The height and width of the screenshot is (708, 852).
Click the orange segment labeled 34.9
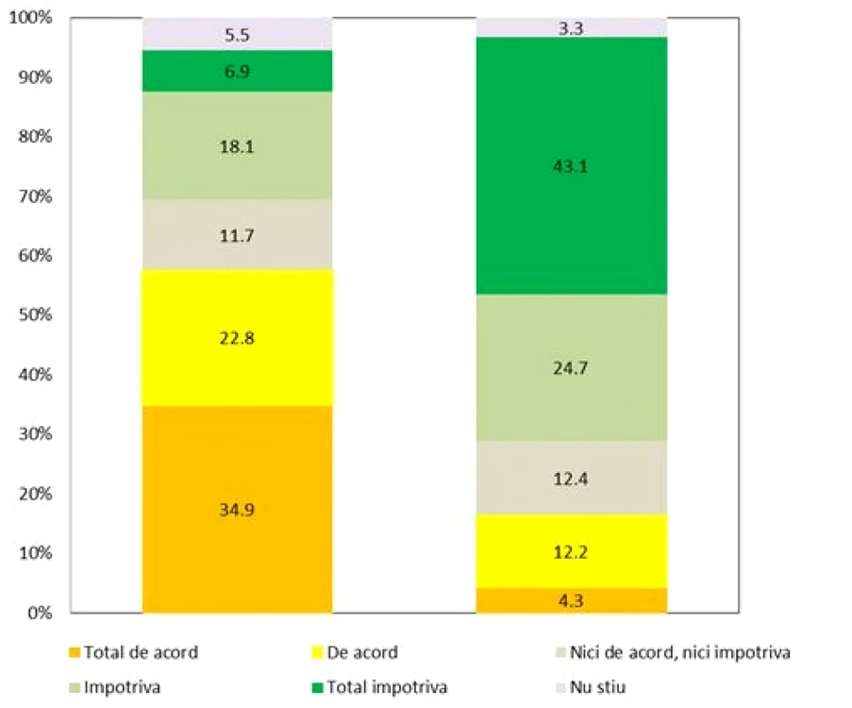click(x=238, y=509)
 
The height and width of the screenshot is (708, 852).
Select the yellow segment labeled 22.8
click(x=238, y=338)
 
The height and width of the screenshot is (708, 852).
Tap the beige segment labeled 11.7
click(x=238, y=234)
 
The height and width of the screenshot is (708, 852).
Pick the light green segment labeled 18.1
click(x=238, y=145)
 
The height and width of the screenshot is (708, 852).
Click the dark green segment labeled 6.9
click(x=238, y=71)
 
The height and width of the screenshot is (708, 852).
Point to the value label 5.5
click(x=237, y=35)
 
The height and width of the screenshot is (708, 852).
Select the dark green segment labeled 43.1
click(x=572, y=166)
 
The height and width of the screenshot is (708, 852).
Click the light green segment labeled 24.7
click(x=572, y=367)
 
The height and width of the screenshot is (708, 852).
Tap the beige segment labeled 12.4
click(x=572, y=478)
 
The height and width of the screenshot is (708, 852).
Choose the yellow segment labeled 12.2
click(x=572, y=551)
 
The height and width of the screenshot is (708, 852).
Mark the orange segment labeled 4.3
click(x=572, y=600)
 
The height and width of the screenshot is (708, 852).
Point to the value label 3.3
click(x=571, y=28)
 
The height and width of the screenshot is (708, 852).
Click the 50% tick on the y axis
click(x=35, y=314)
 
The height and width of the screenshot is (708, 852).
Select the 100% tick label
click(x=31, y=17)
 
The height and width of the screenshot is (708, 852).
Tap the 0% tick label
click(x=40, y=613)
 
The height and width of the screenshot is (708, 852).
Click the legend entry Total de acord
click(x=134, y=652)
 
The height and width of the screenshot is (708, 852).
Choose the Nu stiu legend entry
click(x=591, y=687)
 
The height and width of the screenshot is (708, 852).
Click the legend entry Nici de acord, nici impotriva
click(x=673, y=652)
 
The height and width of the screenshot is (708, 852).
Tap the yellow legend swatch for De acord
click(x=317, y=652)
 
